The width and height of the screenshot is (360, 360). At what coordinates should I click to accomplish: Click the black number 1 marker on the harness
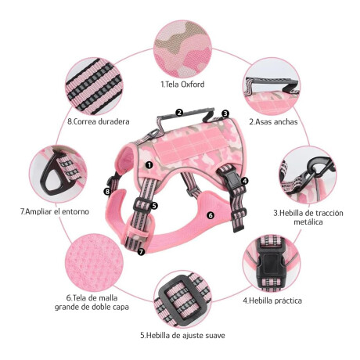149,165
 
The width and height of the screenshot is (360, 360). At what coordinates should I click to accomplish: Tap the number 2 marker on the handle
179,113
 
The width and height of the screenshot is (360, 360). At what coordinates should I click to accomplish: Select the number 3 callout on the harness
225,113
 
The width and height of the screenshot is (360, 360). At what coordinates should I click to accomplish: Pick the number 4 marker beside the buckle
244,181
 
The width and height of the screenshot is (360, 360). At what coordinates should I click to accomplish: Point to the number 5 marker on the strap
154,206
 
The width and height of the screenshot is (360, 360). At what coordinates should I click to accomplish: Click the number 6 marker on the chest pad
211,215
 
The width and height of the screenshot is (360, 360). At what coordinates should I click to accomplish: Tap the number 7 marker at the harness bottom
141,252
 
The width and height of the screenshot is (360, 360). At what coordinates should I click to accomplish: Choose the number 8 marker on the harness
107,192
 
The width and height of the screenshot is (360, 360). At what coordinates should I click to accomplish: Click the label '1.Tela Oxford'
182,85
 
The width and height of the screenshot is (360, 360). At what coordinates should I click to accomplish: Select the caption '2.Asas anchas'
273,121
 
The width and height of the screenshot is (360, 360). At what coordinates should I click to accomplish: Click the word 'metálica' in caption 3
308,222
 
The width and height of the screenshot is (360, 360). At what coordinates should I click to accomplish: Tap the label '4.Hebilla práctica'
272,301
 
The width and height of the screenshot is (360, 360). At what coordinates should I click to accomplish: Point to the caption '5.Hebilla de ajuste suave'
182,335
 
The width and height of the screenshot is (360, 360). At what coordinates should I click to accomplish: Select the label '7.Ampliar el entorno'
55,211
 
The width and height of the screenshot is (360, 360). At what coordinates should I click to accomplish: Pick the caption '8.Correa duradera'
99,121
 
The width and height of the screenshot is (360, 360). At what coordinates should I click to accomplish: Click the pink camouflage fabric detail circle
182,49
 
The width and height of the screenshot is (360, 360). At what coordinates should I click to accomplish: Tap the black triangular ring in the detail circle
54,174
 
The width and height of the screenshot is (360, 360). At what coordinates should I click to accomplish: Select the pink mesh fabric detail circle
94,263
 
